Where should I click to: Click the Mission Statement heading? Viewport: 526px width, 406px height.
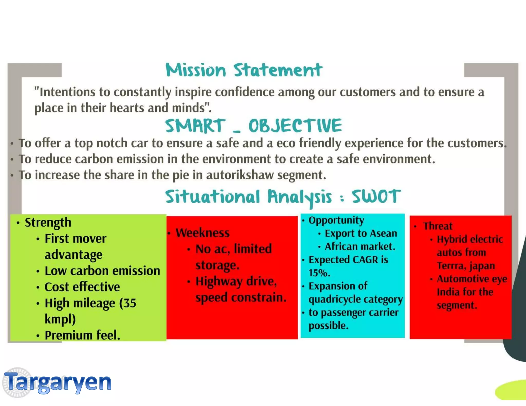point(244,70)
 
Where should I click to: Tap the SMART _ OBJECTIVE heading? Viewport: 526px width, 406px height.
point(253,126)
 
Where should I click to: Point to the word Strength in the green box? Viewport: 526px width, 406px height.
point(48,222)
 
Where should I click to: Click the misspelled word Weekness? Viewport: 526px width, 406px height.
point(202,233)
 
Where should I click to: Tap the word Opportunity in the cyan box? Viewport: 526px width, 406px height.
point(336,220)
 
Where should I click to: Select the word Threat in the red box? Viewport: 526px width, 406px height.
point(438,226)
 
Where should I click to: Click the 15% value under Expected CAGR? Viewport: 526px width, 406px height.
point(319,273)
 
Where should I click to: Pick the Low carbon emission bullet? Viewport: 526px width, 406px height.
point(102,271)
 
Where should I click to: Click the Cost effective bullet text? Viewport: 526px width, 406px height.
point(82,287)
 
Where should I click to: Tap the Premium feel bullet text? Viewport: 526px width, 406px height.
point(82,335)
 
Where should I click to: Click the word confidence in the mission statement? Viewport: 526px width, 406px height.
point(245,92)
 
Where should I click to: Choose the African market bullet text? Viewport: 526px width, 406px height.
point(360,246)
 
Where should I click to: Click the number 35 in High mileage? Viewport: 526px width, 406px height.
point(130,303)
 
